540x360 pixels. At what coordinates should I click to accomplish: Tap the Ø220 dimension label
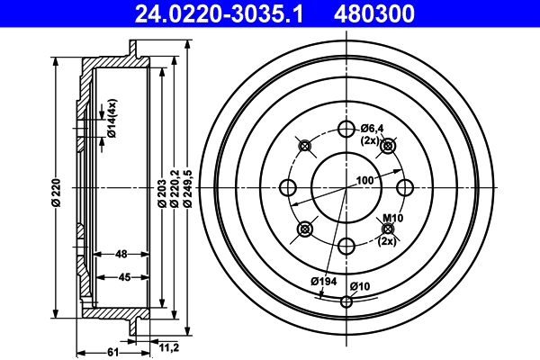tap(56, 193)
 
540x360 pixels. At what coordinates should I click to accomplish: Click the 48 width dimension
tap(121, 254)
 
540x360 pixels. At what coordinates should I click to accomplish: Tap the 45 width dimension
tap(126, 277)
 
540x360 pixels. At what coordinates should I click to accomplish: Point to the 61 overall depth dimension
tap(112, 351)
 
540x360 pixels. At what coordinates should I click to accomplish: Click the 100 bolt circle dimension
tap(364, 181)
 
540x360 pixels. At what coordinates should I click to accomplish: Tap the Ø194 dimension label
tap(323, 282)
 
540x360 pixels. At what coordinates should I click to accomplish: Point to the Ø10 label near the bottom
tap(360, 286)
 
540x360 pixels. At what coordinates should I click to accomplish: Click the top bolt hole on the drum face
tap(346, 129)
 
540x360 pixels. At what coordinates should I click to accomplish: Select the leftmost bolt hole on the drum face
tap(289, 187)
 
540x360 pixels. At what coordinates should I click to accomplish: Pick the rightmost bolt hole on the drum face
tap(405, 187)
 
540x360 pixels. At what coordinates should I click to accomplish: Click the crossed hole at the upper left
tap(305, 146)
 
